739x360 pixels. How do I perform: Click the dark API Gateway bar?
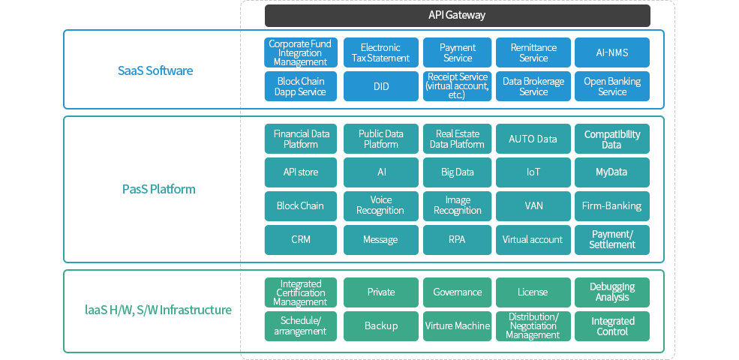pos(457,16)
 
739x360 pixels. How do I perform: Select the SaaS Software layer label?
pos(155,70)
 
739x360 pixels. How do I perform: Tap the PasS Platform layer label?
pos(159,190)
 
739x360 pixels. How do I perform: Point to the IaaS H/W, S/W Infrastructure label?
pos(158,310)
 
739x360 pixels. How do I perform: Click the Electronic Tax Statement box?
pos(381,52)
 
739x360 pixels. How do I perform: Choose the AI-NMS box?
pos(612,52)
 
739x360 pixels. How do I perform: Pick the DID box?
pos(381,86)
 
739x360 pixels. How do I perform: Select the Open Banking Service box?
pos(612,86)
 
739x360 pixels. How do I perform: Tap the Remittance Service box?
pos(533,52)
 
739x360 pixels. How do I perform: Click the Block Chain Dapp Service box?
pos(301,86)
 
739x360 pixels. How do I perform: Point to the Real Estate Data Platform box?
pos(457,139)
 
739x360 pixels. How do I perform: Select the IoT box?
pos(533,172)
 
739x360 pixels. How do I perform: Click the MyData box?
pos(612,172)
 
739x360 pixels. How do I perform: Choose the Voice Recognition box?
pos(381,206)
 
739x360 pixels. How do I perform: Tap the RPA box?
pos(457,240)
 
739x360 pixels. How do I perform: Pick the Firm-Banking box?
pos(612,206)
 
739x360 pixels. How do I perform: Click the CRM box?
pos(301,240)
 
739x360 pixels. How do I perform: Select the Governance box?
pos(457,292)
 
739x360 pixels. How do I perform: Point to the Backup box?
pos(381,326)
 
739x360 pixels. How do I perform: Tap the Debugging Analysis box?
pos(612,292)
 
